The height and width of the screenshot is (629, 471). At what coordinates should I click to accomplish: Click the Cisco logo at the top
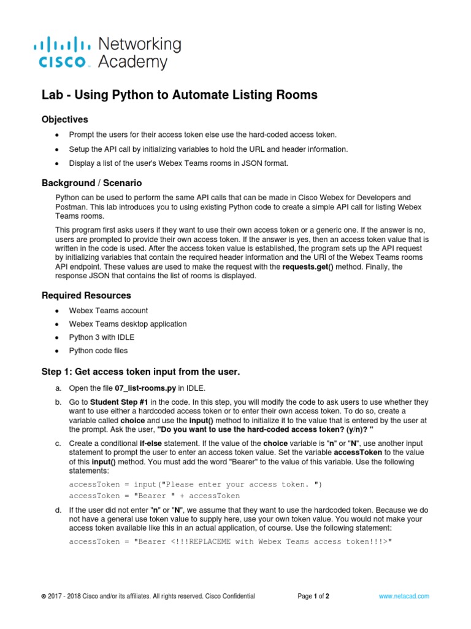pos(64,53)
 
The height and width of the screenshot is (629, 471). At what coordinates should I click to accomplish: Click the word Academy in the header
pos(132,62)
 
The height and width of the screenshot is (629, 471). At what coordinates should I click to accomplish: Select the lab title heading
pos(179,95)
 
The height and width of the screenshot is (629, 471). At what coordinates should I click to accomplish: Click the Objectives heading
pos(65,119)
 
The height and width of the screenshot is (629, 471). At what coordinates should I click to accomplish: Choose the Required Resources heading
pos(86,295)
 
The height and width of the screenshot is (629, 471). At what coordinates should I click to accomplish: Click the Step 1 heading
pos(140,372)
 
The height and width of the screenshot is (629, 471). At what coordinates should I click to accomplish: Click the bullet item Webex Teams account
pos(109,311)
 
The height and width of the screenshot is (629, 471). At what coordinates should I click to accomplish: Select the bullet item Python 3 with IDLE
pos(102,337)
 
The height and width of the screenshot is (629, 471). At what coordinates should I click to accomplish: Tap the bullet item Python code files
pos(99,351)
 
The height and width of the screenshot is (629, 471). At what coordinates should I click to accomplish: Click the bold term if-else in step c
pos(153,443)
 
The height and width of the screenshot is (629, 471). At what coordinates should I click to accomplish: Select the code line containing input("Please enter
pos(196,484)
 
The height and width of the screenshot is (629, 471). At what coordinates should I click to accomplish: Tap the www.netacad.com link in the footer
pos(404,596)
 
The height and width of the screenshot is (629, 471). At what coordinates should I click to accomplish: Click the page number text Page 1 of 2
pos(313,596)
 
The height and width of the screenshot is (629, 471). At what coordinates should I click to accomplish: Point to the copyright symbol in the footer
pos(43,596)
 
